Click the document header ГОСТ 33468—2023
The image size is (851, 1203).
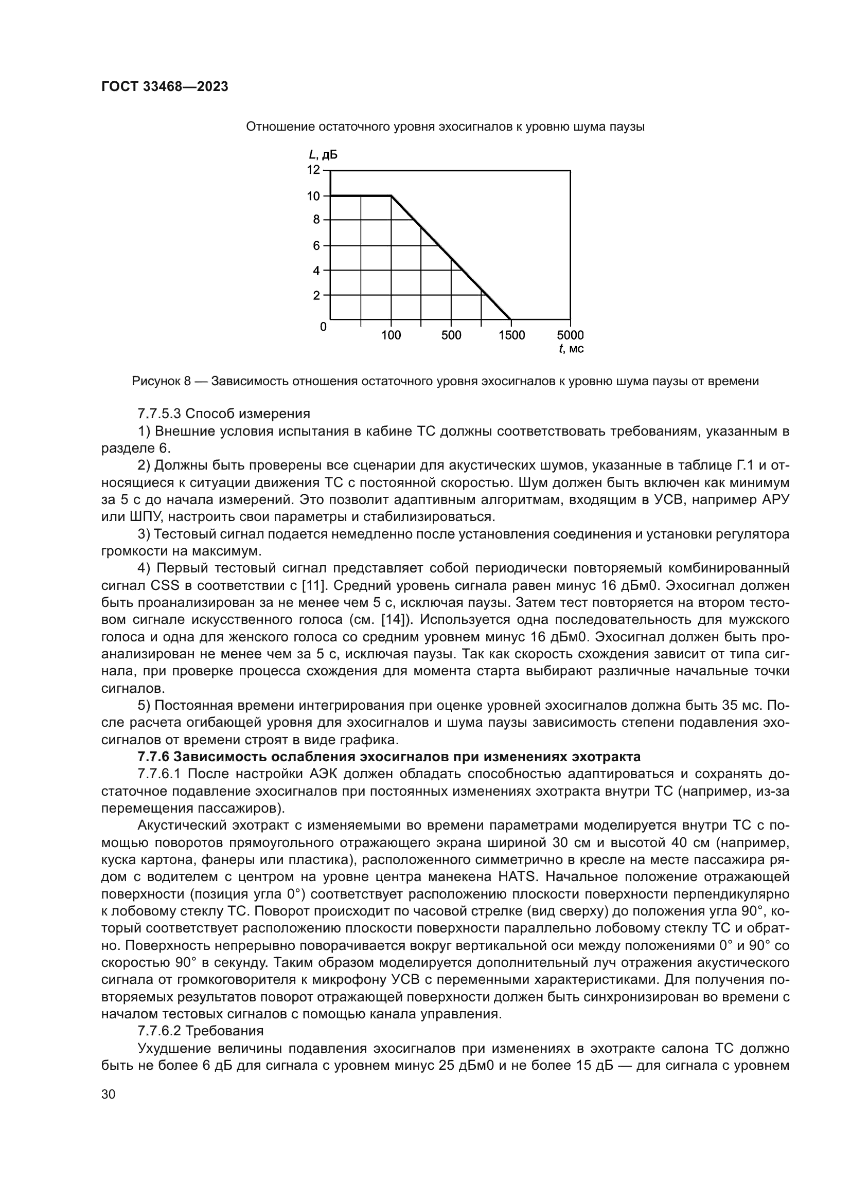coord(165,87)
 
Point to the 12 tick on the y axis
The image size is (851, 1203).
coord(313,170)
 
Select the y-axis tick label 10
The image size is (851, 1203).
coord(313,196)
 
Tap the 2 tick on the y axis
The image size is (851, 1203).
coord(316,295)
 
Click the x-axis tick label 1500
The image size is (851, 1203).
coord(511,335)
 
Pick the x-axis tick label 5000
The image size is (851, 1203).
coord(570,335)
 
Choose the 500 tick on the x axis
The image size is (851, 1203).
coord(451,335)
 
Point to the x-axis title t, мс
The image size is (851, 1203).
coord(572,349)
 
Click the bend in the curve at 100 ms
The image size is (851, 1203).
coord(392,196)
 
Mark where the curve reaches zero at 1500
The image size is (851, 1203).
coord(510,318)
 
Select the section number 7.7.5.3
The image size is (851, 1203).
coord(159,414)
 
